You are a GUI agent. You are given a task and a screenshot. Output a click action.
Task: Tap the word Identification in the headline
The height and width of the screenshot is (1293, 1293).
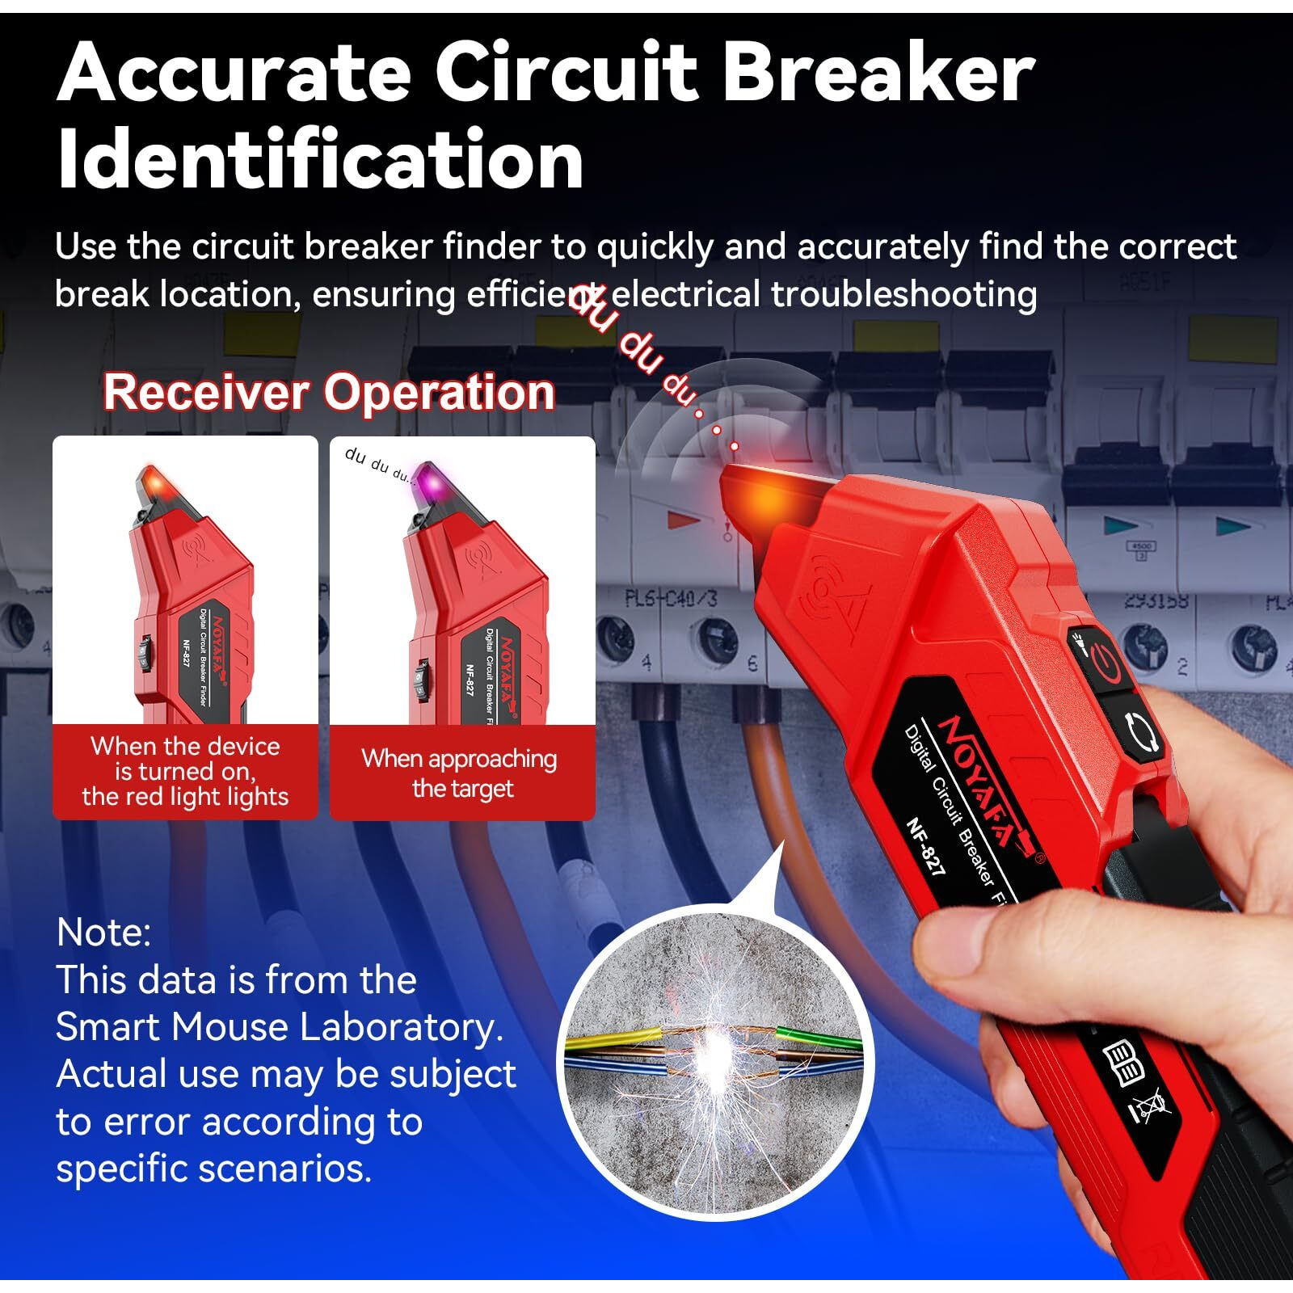[x=320, y=160]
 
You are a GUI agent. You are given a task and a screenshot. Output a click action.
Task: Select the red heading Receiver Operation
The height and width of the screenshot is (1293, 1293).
[x=329, y=393]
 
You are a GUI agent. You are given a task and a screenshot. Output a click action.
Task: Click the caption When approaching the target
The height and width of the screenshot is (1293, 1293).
[x=461, y=773]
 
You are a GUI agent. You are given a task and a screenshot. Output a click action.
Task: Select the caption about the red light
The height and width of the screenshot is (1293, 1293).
[x=185, y=771]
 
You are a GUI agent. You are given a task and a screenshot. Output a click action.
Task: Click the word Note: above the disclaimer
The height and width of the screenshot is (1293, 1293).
[x=103, y=933]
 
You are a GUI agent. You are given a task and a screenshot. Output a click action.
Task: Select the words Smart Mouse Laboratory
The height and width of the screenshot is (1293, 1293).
[x=279, y=1027]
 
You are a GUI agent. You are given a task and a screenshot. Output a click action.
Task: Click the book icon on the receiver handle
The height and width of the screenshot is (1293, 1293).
[x=1124, y=1062]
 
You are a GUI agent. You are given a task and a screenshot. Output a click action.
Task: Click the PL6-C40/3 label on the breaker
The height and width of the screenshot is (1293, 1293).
[x=671, y=600]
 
